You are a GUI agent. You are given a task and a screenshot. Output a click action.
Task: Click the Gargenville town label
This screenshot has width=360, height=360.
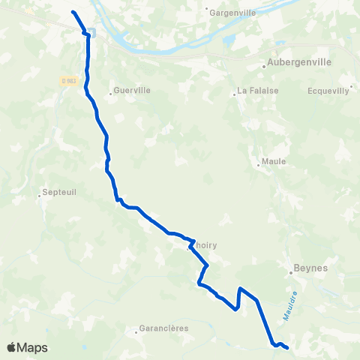point(233,13)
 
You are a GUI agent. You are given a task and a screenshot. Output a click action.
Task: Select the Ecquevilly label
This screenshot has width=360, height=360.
point(328,91)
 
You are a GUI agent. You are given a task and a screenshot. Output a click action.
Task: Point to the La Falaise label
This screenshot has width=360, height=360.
point(254,91)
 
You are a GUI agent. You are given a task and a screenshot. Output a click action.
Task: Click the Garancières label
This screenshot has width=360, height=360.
point(163,328)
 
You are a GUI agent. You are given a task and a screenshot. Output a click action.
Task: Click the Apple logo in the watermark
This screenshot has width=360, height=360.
point(12,347)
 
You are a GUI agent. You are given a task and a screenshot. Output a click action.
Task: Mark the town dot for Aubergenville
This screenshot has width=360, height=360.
point(265,66)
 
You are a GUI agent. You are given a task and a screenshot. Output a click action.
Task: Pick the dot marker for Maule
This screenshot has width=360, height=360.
point(257,167)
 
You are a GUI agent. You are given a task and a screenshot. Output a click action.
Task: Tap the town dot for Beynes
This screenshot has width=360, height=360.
point(292,273)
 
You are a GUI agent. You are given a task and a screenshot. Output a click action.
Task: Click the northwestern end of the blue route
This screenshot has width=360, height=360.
point(73,12)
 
